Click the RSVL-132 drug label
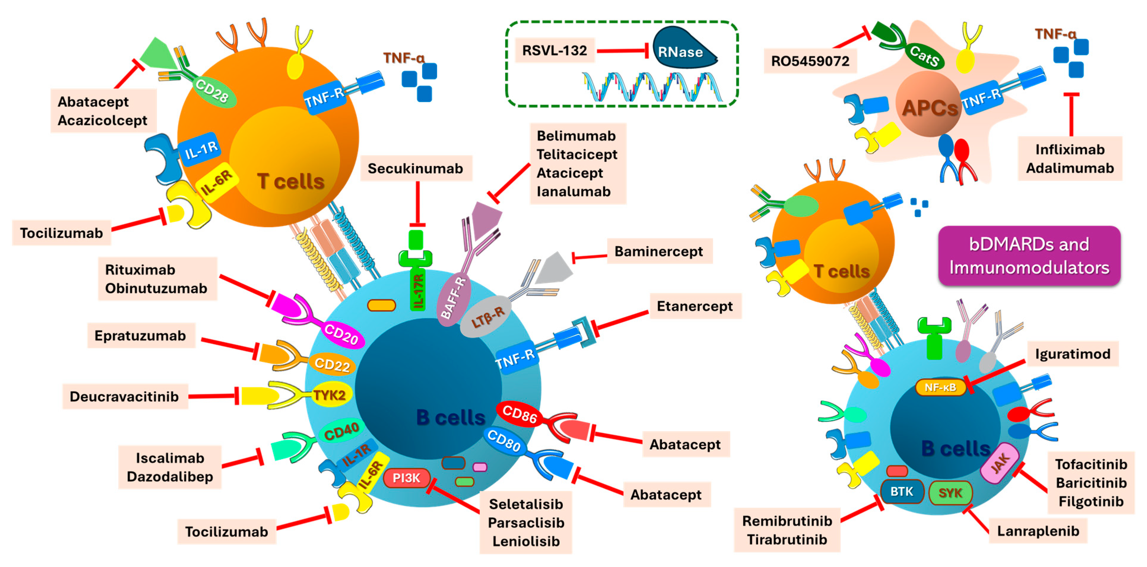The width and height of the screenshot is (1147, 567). tap(554, 51)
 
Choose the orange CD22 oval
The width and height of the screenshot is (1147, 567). tap(332, 364)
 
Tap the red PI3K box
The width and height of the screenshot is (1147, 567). tap(406, 478)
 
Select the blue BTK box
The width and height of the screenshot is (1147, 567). tap(901, 492)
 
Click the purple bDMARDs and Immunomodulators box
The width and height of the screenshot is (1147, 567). tap(1029, 256)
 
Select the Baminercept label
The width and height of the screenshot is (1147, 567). tap(659, 251)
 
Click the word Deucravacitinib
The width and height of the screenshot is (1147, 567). tap(124, 396)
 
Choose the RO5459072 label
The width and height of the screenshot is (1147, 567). tap(810, 61)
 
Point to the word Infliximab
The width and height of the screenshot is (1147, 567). tap(1070, 149)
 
